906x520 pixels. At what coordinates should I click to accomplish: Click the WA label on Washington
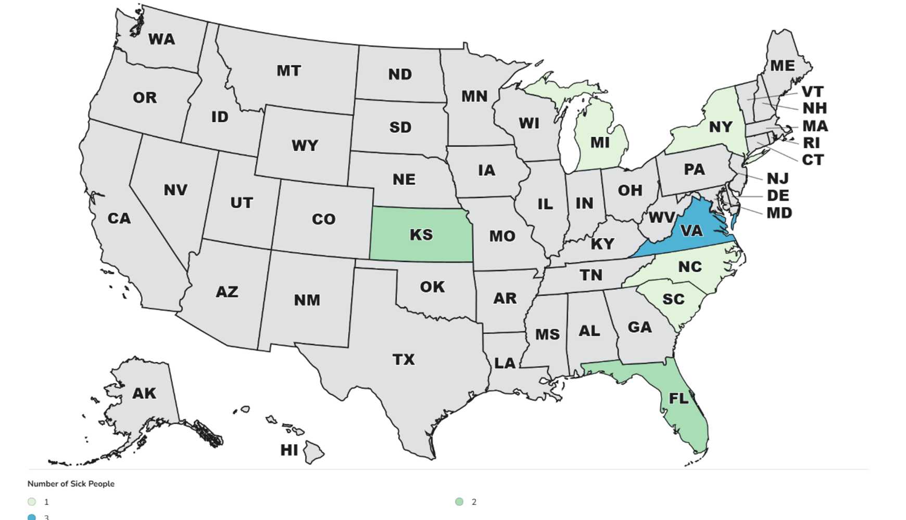[x=161, y=40]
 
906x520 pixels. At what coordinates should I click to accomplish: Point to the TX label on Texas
[x=404, y=359]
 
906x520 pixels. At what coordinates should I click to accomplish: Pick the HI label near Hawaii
[x=289, y=450]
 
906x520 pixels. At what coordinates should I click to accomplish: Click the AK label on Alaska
[x=144, y=393]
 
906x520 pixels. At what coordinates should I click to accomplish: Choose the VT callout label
[x=812, y=92]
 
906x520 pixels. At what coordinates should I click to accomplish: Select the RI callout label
[x=811, y=142]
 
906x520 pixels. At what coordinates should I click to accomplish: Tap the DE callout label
[x=778, y=196]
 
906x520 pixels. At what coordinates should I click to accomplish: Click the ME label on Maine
[x=782, y=66]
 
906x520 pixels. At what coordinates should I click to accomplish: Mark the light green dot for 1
[x=32, y=502]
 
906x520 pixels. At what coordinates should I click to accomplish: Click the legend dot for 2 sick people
[x=459, y=502]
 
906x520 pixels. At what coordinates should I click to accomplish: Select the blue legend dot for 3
[x=32, y=517]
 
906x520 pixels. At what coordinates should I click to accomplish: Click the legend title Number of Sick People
[x=71, y=484]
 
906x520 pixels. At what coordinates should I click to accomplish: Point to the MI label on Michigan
[x=600, y=142]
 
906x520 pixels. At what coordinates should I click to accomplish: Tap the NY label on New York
[x=721, y=126]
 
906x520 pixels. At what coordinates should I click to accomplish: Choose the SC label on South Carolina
[x=673, y=299]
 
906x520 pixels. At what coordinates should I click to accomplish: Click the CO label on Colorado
[x=323, y=219]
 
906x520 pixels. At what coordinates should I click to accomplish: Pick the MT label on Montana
[x=288, y=70]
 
